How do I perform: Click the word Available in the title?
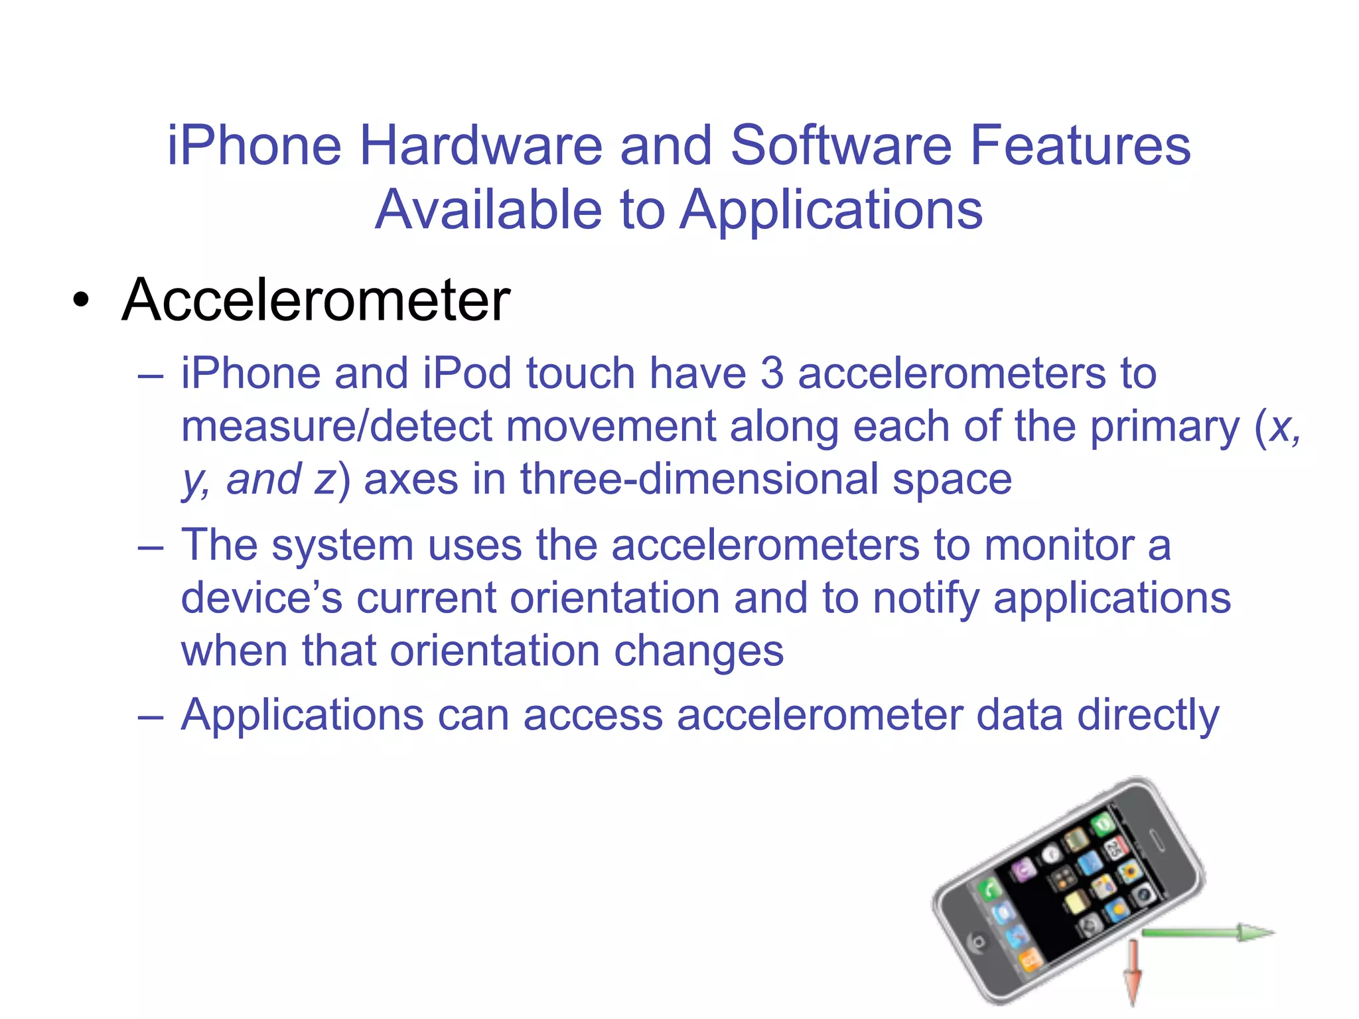tap(488, 210)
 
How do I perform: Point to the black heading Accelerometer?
tap(316, 300)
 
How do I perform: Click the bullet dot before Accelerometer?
tap(81, 302)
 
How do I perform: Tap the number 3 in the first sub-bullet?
tap(772, 373)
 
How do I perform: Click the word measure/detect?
tap(337, 426)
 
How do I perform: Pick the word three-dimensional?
tap(699, 479)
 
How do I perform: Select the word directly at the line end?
tap(1148, 715)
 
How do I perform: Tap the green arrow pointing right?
tap(1208, 933)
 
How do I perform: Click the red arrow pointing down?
tap(1133, 972)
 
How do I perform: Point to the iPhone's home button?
tap(977, 942)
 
